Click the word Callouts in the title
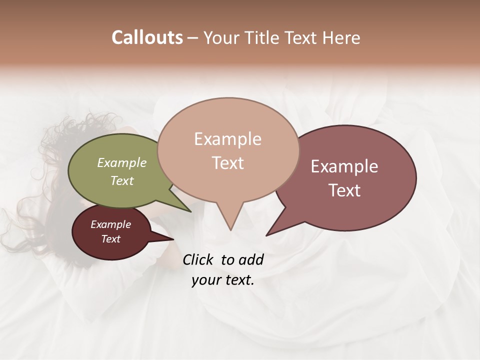click(147, 37)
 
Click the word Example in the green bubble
click(121, 162)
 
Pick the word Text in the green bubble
click(121, 180)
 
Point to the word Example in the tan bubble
click(227, 139)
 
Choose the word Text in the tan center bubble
click(227, 163)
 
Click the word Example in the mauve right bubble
click(344, 166)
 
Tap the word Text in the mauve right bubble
click(344, 190)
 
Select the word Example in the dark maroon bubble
click(110, 224)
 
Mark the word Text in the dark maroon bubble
click(110, 239)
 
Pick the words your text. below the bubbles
click(223, 280)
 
